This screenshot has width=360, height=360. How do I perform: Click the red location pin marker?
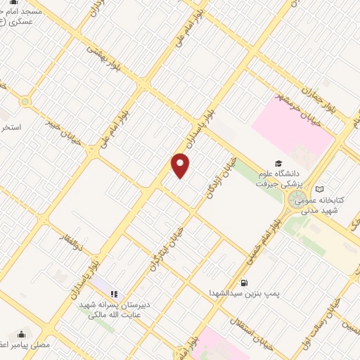181,166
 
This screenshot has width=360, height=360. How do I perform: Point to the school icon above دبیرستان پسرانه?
114,294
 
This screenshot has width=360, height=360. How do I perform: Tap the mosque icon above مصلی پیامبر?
22,335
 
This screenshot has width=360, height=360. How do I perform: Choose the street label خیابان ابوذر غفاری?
166,247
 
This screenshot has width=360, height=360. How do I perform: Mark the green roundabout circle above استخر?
25,102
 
